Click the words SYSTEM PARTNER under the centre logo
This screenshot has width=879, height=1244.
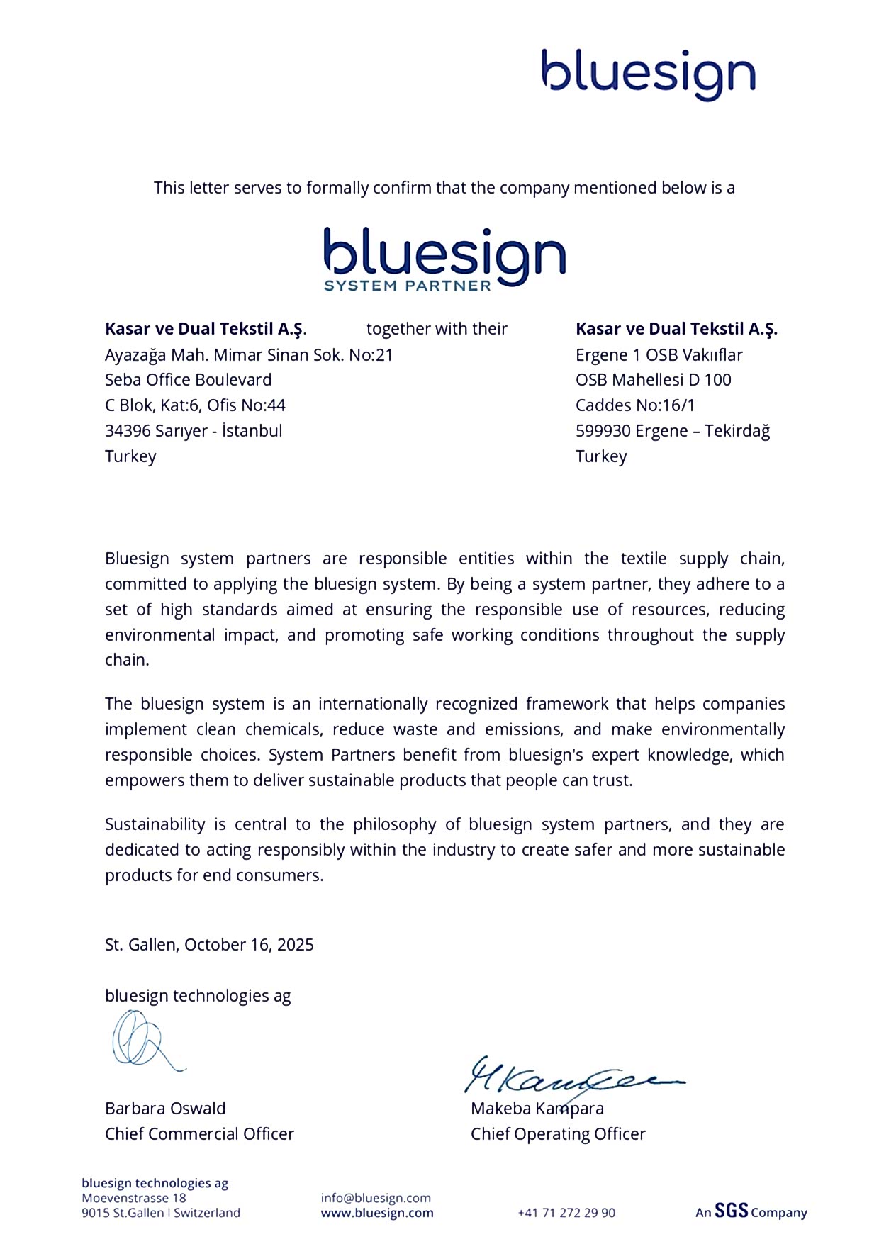(407, 286)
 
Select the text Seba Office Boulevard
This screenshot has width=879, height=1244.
(188, 380)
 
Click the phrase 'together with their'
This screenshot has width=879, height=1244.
(437, 329)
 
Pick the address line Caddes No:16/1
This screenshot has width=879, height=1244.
(635, 405)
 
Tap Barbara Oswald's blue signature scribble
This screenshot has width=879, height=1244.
(142, 1040)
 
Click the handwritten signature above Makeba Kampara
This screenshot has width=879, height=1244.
(567, 1076)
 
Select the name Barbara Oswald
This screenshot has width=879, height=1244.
(165, 1109)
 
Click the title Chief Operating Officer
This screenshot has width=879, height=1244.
(558, 1134)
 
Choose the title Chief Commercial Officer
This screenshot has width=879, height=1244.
(199, 1134)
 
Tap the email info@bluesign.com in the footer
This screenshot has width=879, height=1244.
(376, 1198)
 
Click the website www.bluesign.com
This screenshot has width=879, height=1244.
(377, 1213)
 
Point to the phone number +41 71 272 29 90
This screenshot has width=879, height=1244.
(566, 1213)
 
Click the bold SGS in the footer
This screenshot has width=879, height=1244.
(731, 1211)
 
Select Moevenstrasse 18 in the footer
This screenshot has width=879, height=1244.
(134, 1198)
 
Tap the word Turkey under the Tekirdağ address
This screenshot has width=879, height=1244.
(601, 456)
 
